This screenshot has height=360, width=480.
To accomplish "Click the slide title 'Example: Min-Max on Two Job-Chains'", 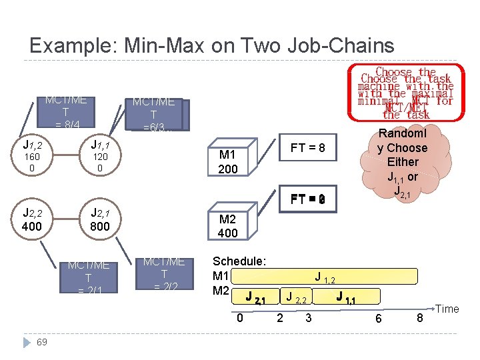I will coord(212,45).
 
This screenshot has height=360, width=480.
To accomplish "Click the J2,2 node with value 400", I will coord(32,220).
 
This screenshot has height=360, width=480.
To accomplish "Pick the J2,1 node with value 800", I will coord(100,220).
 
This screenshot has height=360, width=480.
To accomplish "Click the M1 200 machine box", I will coord(228,162).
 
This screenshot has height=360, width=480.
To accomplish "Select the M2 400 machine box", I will coord(228,226).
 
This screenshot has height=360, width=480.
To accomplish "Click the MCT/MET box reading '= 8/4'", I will coord(66,113).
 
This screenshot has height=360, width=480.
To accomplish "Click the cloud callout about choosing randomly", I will coord(402,162).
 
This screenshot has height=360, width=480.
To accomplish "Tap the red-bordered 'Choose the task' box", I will coord(406,93).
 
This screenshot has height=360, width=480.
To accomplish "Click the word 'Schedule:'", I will coord(239,261).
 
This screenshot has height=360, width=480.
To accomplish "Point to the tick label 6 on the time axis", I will coord(378,319).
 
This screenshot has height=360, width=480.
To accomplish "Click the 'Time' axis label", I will coord(447,309).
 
